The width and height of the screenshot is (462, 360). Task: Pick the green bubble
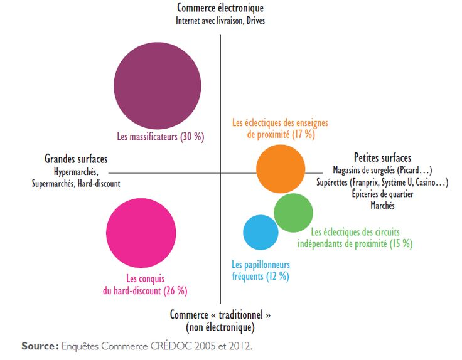(293, 213)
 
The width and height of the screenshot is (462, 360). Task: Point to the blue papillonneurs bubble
(261, 232)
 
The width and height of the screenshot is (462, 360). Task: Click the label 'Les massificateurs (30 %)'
(161, 136)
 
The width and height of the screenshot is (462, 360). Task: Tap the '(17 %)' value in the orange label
(303, 134)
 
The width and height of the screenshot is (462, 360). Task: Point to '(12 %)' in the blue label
(277, 275)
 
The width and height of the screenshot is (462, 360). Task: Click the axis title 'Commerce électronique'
(220, 8)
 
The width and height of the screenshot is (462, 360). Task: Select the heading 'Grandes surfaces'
(76, 159)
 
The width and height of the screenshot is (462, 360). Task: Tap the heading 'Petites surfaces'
(382, 158)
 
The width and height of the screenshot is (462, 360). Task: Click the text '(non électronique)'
(220, 327)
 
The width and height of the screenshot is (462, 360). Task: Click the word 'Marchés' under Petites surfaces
(383, 205)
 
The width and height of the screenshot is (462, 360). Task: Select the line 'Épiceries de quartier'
(383, 194)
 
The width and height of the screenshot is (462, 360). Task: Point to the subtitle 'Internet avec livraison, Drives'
(220, 20)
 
